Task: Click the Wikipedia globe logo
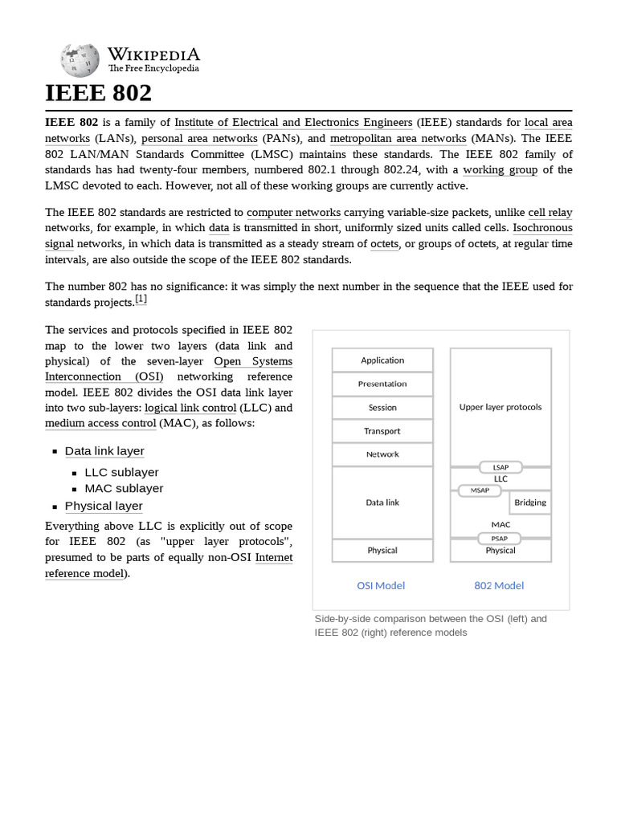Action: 80,60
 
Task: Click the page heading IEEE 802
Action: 98,93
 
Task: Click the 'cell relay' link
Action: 550,213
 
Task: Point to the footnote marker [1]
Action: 141,299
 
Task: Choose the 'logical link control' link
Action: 190,408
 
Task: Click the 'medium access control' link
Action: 100,423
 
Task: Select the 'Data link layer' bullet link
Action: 104,451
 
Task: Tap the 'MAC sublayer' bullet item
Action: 124,488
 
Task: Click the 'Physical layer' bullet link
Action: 104,506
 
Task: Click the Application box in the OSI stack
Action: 382,360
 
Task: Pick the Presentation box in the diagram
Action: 382,384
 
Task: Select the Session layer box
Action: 382,407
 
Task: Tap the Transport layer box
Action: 382,431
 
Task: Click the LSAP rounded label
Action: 501,467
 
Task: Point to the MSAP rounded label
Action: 480,490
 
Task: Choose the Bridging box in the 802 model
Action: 530,503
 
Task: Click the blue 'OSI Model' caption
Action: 381,585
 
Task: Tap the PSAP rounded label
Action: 500,539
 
